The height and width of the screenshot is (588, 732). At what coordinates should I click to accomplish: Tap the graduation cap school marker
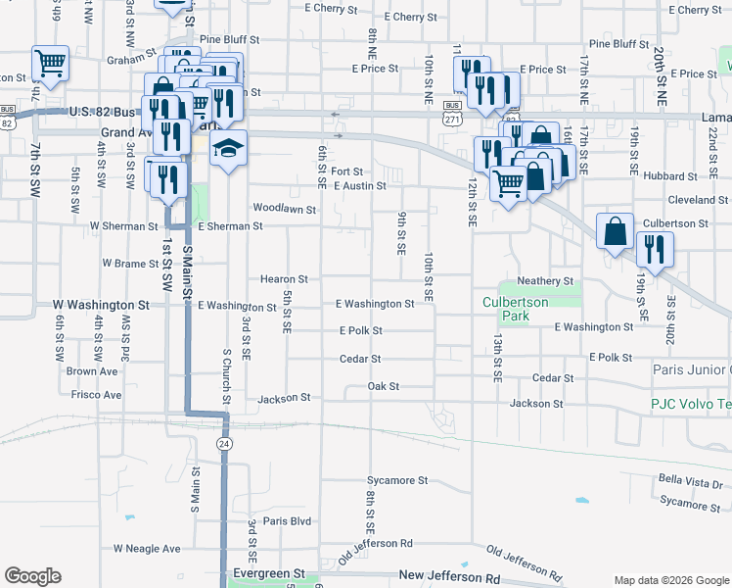228,149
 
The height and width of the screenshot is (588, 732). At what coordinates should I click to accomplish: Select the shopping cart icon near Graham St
50,64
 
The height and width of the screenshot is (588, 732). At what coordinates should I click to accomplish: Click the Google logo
32,576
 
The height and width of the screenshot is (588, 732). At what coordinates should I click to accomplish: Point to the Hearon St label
284,279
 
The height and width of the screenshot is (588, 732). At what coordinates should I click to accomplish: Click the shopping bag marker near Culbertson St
615,232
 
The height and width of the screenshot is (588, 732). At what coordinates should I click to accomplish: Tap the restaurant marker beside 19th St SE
652,250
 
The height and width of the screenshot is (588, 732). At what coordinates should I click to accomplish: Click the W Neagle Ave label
148,549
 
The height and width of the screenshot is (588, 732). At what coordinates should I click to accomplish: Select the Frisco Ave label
97,395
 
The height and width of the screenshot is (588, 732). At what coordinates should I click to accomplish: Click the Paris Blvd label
287,521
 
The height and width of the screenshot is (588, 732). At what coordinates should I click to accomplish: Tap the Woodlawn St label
285,209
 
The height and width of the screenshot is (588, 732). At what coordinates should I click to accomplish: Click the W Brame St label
131,264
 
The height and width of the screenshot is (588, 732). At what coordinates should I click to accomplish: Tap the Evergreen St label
269,572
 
